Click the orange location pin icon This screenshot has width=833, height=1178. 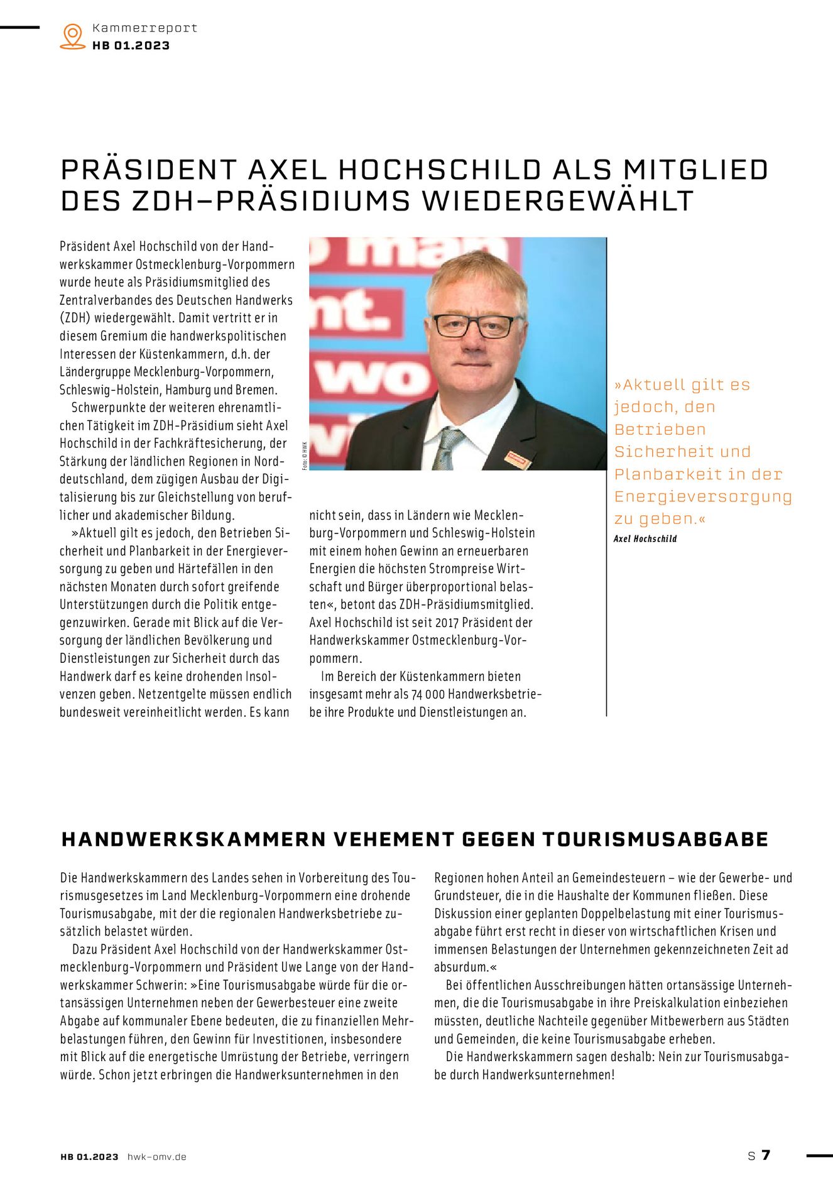[x=73, y=36]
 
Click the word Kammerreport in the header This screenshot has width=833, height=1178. [x=144, y=28]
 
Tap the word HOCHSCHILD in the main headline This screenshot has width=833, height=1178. [x=440, y=170]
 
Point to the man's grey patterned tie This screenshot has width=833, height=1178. [x=447, y=447]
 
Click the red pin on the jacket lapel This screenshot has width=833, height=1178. [x=518, y=460]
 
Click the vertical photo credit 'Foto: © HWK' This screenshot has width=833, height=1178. [x=305, y=456]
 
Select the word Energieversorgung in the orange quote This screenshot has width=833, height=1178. [x=702, y=497]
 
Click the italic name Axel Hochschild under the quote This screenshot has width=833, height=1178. [x=645, y=539]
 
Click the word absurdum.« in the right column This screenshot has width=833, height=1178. [x=461, y=967]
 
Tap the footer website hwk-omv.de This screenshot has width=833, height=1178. [x=156, y=1157]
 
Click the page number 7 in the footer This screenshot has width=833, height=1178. [x=765, y=1155]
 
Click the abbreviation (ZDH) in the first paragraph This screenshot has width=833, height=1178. [x=75, y=319]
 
